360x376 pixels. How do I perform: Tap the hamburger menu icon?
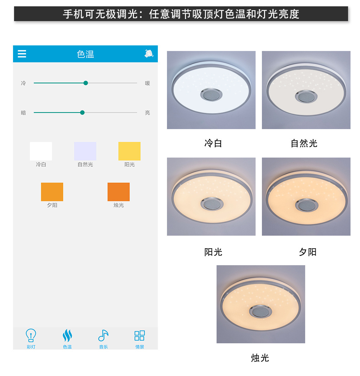coord(22,54)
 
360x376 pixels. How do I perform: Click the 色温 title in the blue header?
coord(85,54)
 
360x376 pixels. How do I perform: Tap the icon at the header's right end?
coord(149,54)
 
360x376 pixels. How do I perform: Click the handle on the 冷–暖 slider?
coord(85,83)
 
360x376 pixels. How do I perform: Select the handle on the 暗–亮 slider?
coord(82,113)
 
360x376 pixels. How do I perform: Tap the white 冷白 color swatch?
coord(41,151)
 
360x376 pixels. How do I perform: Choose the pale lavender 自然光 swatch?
coord(85,151)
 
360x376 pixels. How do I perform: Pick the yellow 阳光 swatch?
coord(129,151)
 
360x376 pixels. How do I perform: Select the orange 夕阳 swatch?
coord(52,192)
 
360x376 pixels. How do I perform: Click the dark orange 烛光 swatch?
coord(118,192)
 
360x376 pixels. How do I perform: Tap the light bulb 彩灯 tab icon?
coord(31,336)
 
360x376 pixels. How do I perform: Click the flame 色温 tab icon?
coord(67,336)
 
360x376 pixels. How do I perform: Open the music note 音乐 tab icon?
coord(103,336)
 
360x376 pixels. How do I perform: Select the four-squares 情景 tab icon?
coord(140,336)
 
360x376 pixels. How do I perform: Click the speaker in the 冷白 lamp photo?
coord(211,95)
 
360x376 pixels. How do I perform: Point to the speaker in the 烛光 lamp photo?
coord(261,311)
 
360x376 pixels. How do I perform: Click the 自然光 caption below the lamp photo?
coord(304,144)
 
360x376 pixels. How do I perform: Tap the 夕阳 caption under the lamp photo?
coord(308,252)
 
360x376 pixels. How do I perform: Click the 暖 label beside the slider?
coord(147,83)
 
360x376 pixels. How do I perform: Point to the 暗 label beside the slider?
coord(23,113)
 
